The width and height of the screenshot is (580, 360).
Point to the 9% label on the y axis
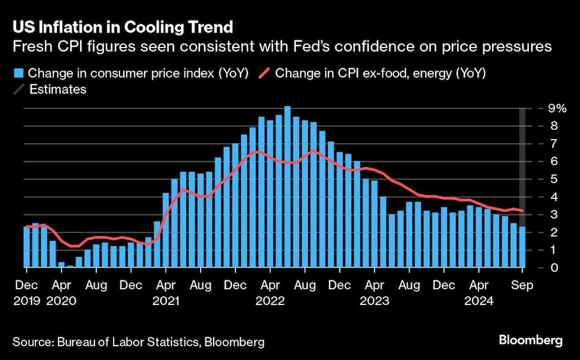550,108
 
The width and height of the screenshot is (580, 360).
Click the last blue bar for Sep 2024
522,247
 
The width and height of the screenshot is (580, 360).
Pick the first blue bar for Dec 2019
27,247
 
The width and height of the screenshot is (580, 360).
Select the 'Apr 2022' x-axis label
270,294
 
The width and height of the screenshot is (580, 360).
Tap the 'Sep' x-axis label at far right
522,286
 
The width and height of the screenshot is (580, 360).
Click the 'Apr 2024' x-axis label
478,294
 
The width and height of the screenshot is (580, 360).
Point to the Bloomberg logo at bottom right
531,341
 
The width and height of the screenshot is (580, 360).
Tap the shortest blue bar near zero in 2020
70,266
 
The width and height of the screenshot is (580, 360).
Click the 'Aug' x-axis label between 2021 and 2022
200,286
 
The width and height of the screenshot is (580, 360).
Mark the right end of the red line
523,210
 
